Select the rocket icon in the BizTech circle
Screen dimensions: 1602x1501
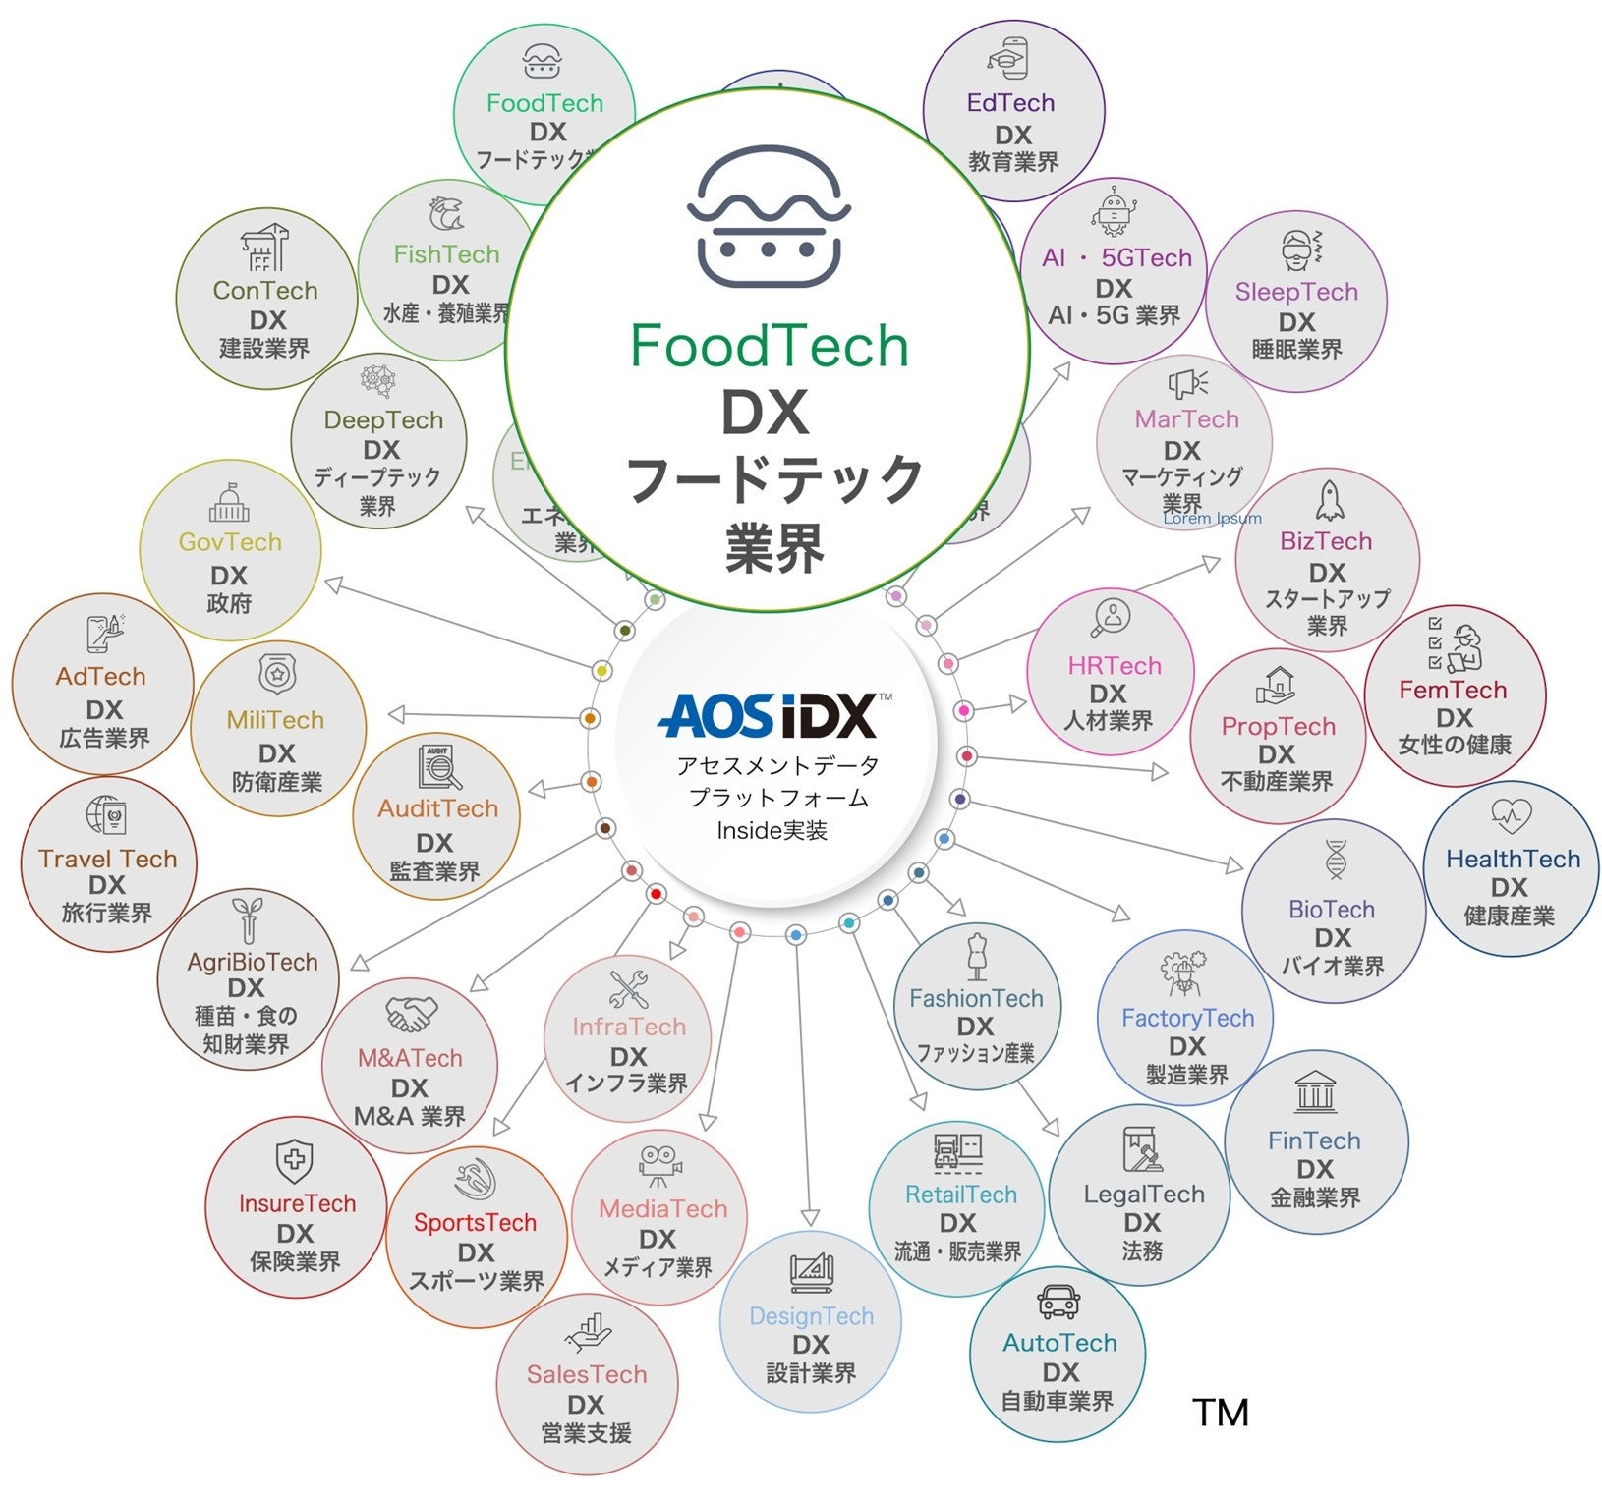tap(1330, 500)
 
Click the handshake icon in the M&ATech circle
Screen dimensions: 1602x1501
tap(410, 1014)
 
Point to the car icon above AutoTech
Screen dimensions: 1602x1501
tap(1058, 1303)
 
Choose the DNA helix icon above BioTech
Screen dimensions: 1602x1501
tap(1335, 861)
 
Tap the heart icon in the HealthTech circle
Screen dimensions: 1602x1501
tap(1511, 815)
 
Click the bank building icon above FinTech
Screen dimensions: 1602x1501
tap(1315, 1091)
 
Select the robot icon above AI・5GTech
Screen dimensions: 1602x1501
tap(1113, 211)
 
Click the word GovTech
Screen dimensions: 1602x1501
tap(230, 542)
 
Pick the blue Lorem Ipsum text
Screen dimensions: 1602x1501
tap(1212, 518)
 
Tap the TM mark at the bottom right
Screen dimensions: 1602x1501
tap(1221, 1413)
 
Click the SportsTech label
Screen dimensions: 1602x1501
tap(475, 1223)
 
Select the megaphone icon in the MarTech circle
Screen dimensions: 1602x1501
tap(1187, 383)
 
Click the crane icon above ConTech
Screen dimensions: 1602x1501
tap(264, 248)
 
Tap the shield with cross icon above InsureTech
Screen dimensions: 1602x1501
tap(294, 1161)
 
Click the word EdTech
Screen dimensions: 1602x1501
tap(1010, 103)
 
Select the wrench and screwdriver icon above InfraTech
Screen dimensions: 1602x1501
tap(628, 989)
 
